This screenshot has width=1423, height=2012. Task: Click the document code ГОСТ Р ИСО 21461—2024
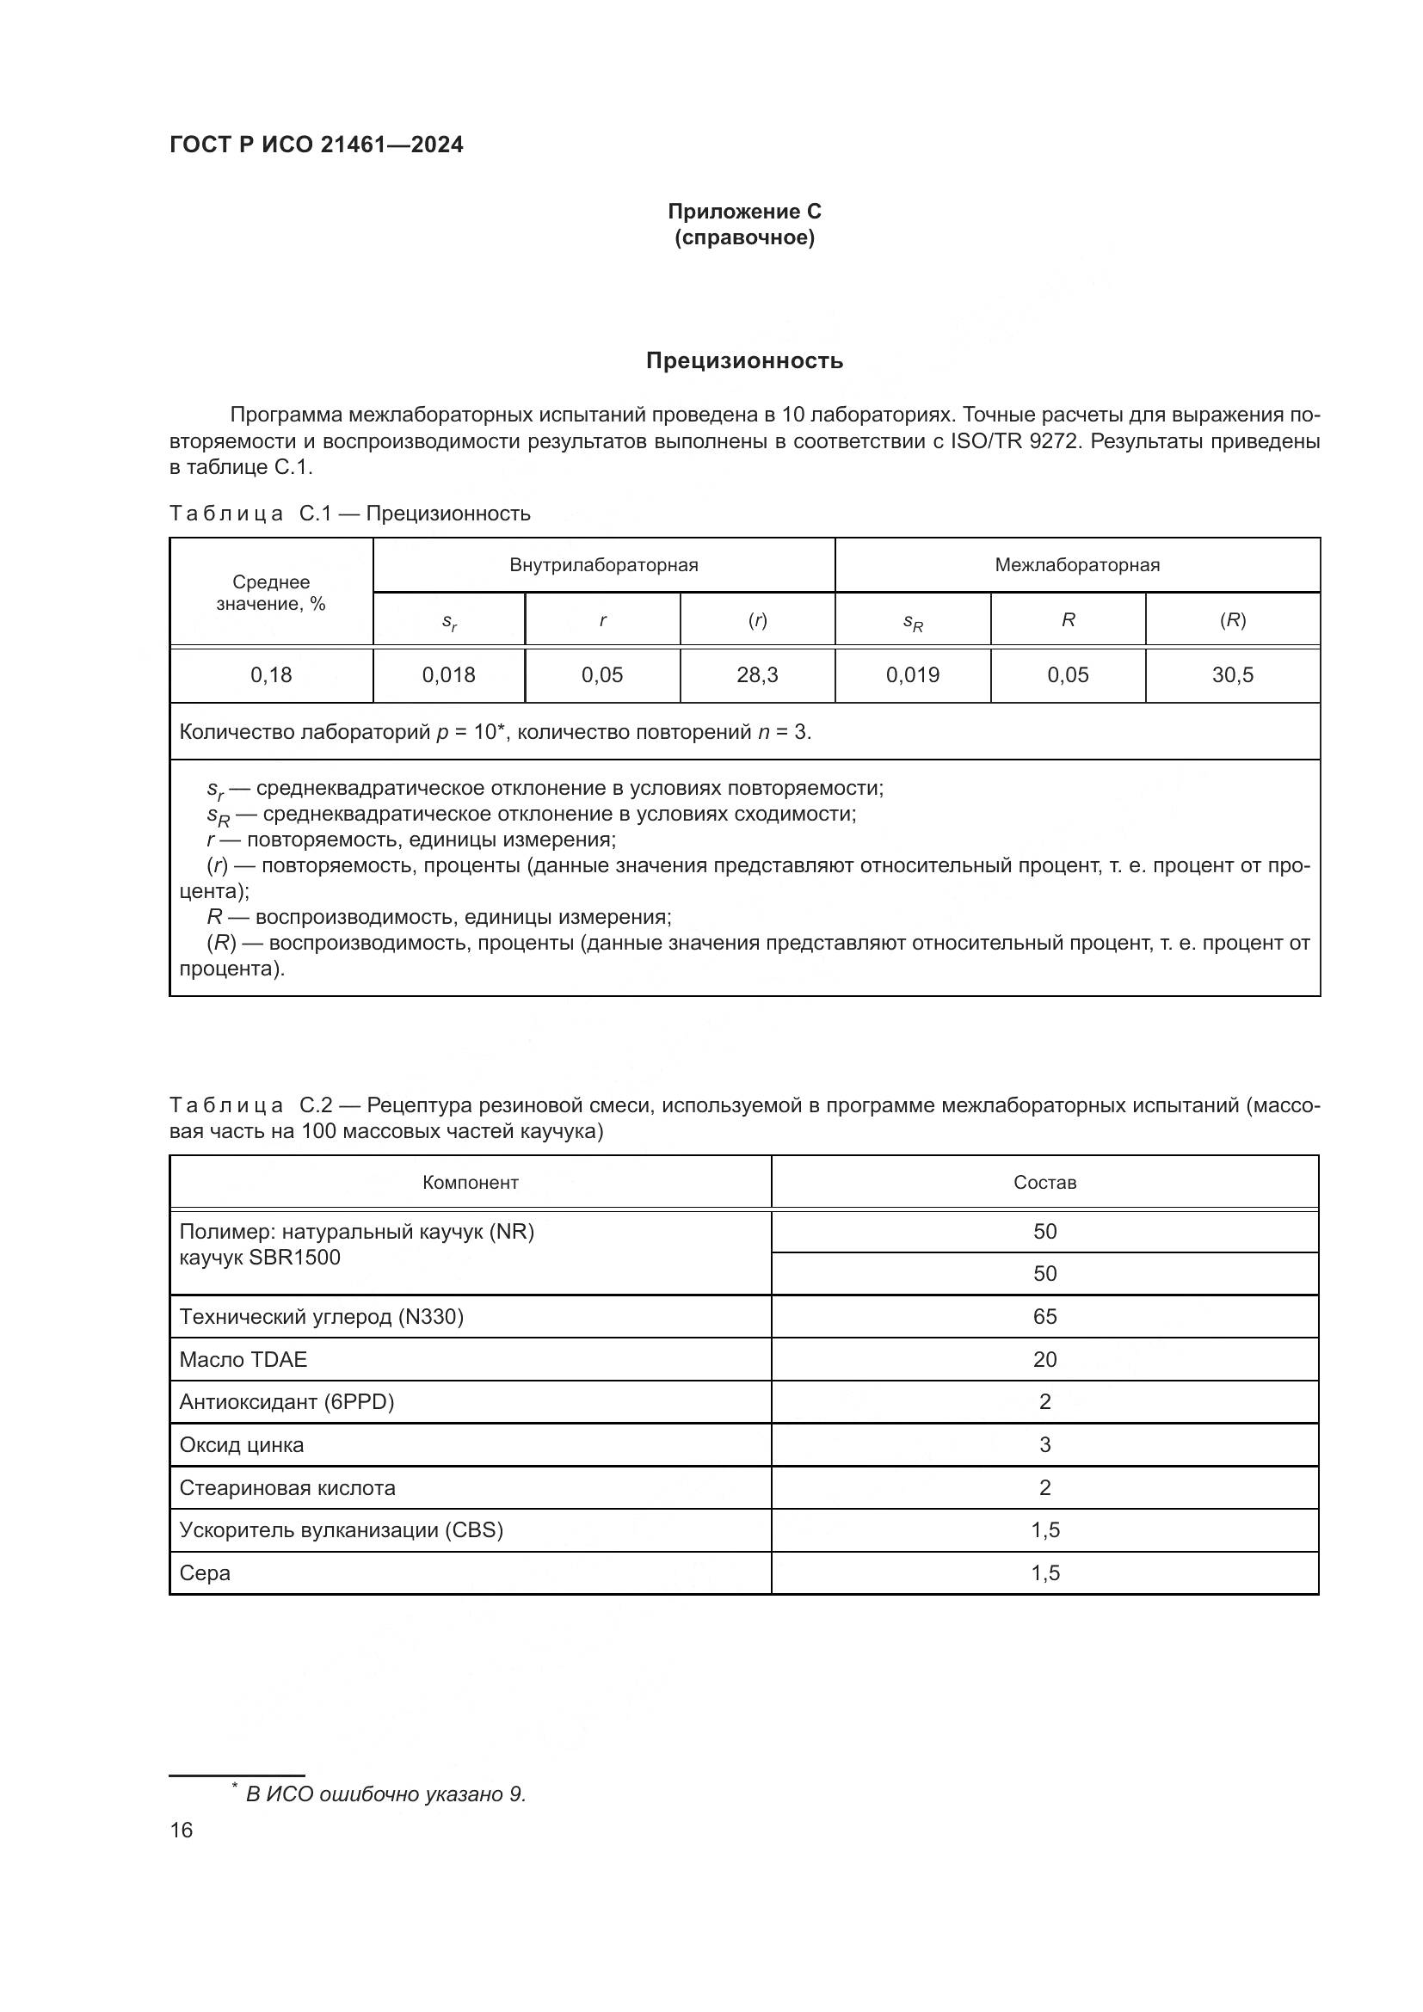point(317,145)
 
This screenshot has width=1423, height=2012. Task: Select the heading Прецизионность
point(744,361)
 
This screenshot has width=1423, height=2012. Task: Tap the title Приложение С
point(744,212)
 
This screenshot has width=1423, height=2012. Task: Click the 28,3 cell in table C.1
point(757,674)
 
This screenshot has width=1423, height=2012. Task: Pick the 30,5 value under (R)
point(1232,674)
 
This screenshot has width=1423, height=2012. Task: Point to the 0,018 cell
point(448,674)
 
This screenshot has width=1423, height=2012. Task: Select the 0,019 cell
point(912,674)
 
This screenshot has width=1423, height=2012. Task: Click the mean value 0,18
point(271,674)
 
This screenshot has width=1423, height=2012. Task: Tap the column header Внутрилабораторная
point(604,565)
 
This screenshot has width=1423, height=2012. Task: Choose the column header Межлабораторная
point(1077,565)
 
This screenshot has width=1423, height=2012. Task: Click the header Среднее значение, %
point(271,594)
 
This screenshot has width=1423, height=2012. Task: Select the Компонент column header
point(471,1183)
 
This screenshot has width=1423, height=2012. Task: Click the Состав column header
point(1044,1183)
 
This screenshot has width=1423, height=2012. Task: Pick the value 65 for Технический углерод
point(1044,1317)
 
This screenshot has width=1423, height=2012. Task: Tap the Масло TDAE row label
point(243,1360)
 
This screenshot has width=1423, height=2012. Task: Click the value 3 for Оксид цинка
point(1044,1445)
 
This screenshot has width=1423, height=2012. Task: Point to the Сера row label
point(205,1573)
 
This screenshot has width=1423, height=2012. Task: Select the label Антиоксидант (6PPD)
point(286,1402)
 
